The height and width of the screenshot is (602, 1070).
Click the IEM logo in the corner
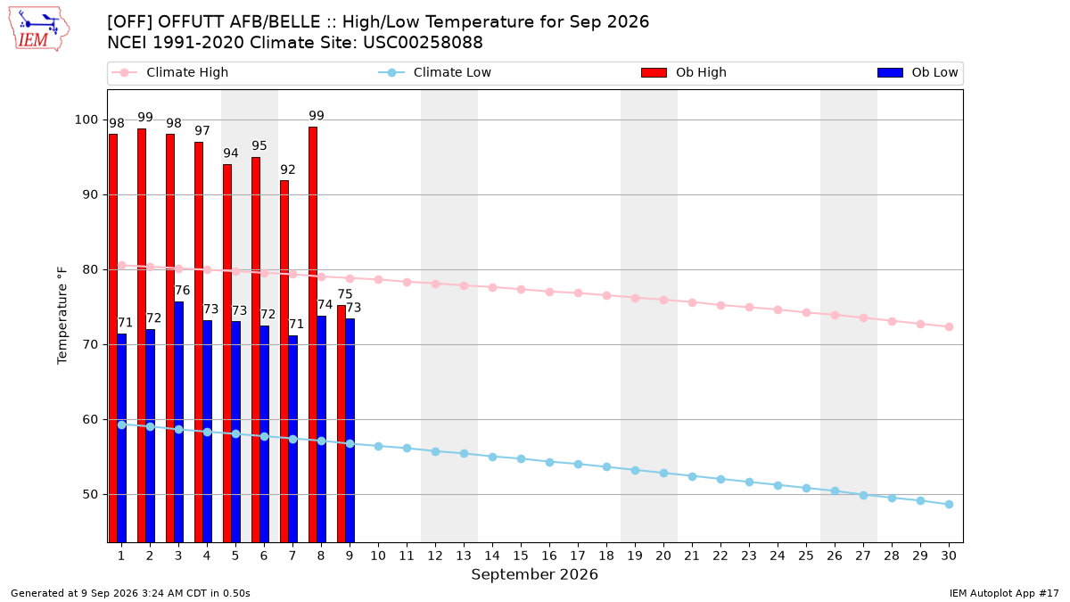click(x=38, y=29)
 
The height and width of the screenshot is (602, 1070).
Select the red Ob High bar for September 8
click(x=313, y=334)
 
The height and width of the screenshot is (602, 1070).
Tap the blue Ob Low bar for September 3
click(x=178, y=422)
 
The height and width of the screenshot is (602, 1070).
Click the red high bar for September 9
click(x=341, y=424)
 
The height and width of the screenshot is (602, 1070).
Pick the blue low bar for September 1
click(x=122, y=438)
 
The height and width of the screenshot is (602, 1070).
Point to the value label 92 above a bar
click(x=287, y=169)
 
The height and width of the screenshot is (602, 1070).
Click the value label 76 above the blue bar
click(x=182, y=291)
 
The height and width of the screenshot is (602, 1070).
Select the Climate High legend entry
click(x=170, y=72)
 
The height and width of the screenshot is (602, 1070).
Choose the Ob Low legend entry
click(x=918, y=72)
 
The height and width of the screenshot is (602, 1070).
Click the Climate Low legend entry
click(x=435, y=72)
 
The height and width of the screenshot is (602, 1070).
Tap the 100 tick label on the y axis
click(x=86, y=120)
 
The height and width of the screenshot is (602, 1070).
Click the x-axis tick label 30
click(x=949, y=556)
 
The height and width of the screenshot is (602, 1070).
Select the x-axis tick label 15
click(x=521, y=556)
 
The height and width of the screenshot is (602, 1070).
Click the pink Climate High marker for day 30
click(x=949, y=326)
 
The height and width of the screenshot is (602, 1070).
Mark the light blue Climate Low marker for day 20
click(x=663, y=473)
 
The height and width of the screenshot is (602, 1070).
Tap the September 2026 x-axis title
click(x=534, y=574)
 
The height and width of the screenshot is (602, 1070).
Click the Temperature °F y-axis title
click(x=62, y=316)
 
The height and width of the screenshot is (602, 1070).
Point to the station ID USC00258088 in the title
click(x=423, y=43)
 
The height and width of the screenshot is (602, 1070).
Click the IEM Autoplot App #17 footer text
click(x=1004, y=593)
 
